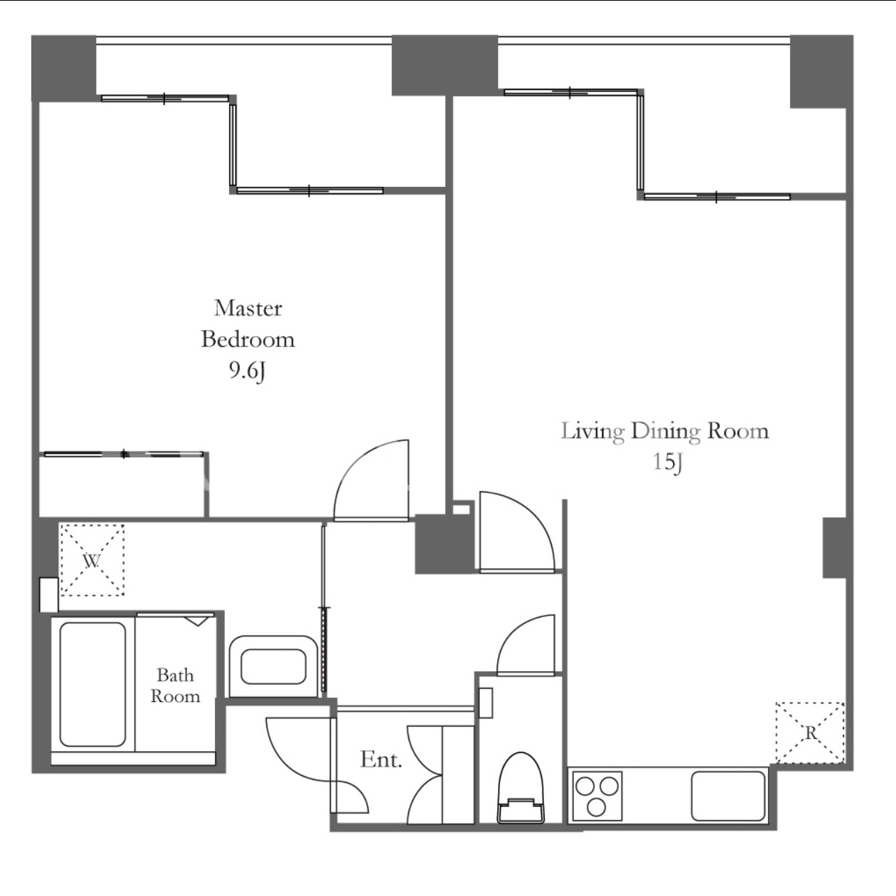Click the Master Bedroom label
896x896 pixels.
(x=248, y=324)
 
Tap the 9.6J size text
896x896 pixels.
(x=248, y=371)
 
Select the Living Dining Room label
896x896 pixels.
(x=664, y=431)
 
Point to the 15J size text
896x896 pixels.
(x=668, y=462)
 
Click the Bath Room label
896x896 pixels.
(x=175, y=685)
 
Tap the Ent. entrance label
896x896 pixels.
(x=381, y=760)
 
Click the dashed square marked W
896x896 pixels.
(x=92, y=560)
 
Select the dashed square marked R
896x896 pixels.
(x=810, y=733)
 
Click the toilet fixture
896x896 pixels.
(x=521, y=787)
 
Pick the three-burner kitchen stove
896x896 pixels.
(x=597, y=796)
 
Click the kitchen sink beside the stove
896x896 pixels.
(x=728, y=796)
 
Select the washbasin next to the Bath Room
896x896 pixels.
(x=273, y=666)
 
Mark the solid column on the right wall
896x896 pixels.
(x=834, y=548)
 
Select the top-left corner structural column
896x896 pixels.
(x=64, y=68)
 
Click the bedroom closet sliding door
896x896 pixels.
(x=124, y=454)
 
